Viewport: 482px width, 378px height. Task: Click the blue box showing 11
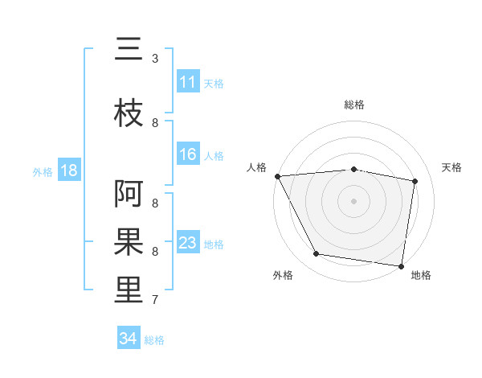pyautogui.click(x=187, y=83)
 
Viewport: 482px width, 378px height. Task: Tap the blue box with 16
pyautogui.click(x=187, y=155)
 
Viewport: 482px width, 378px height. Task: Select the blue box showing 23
pyautogui.click(x=187, y=243)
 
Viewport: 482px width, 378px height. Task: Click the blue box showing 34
pyautogui.click(x=128, y=339)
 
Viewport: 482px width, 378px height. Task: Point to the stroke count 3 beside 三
pyautogui.click(x=155, y=58)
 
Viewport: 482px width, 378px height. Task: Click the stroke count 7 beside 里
pyautogui.click(x=155, y=300)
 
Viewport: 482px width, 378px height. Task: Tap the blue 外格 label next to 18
pyautogui.click(x=43, y=172)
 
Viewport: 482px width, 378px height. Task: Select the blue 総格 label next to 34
pyautogui.click(x=154, y=340)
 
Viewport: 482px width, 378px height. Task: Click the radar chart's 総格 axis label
pyautogui.click(x=354, y=105)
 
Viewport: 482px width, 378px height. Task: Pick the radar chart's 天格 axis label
pyautogui.click(x=452, y=167)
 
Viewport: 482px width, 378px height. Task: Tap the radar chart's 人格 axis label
pyautogui.click(x=256, y=167)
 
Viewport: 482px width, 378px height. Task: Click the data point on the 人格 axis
pyautogui.click(x=277, y=176)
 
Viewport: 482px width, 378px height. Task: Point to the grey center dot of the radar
pyautogui.click(x=354, y=200)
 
